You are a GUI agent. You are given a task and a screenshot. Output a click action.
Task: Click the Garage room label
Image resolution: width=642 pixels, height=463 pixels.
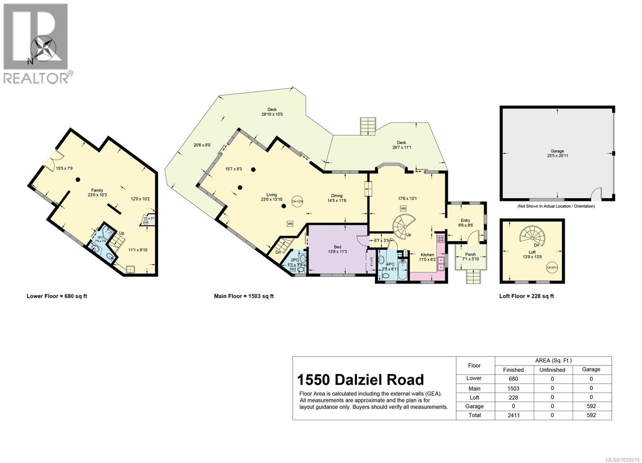pos(557,151)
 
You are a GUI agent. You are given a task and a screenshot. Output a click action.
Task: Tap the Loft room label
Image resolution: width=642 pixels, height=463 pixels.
pos(532,252)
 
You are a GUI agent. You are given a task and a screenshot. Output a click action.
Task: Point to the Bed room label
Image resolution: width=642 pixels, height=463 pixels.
pos(337,247)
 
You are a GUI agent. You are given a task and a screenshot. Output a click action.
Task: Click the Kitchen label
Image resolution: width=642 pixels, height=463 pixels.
pos(427,255)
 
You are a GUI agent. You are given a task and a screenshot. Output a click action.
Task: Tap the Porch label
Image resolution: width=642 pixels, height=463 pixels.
pos(470,254)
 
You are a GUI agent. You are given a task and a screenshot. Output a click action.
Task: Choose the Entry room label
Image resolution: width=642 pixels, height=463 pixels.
pos(465,220)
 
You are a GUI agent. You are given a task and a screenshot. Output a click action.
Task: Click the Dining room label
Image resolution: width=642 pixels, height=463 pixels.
pos(337,196)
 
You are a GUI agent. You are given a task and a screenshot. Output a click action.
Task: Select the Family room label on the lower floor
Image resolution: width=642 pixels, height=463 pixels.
pos(97,190)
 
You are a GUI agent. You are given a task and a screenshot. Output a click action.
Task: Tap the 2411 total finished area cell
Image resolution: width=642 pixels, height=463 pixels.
pos(514,415)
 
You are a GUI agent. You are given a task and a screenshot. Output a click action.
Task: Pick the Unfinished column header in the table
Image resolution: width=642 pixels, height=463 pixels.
pos(552,370)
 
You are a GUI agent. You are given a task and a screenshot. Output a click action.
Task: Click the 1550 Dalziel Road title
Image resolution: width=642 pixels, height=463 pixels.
pos(360,380)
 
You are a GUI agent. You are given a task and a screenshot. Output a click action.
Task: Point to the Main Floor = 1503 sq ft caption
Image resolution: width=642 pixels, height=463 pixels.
pos(244,296)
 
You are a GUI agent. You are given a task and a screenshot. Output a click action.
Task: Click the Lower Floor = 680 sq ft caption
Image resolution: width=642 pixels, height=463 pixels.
pos(57,296)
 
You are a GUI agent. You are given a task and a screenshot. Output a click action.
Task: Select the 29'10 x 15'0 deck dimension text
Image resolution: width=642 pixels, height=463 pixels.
pos(272,114)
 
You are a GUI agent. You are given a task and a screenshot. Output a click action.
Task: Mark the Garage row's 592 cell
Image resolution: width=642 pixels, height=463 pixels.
pos(591,406)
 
